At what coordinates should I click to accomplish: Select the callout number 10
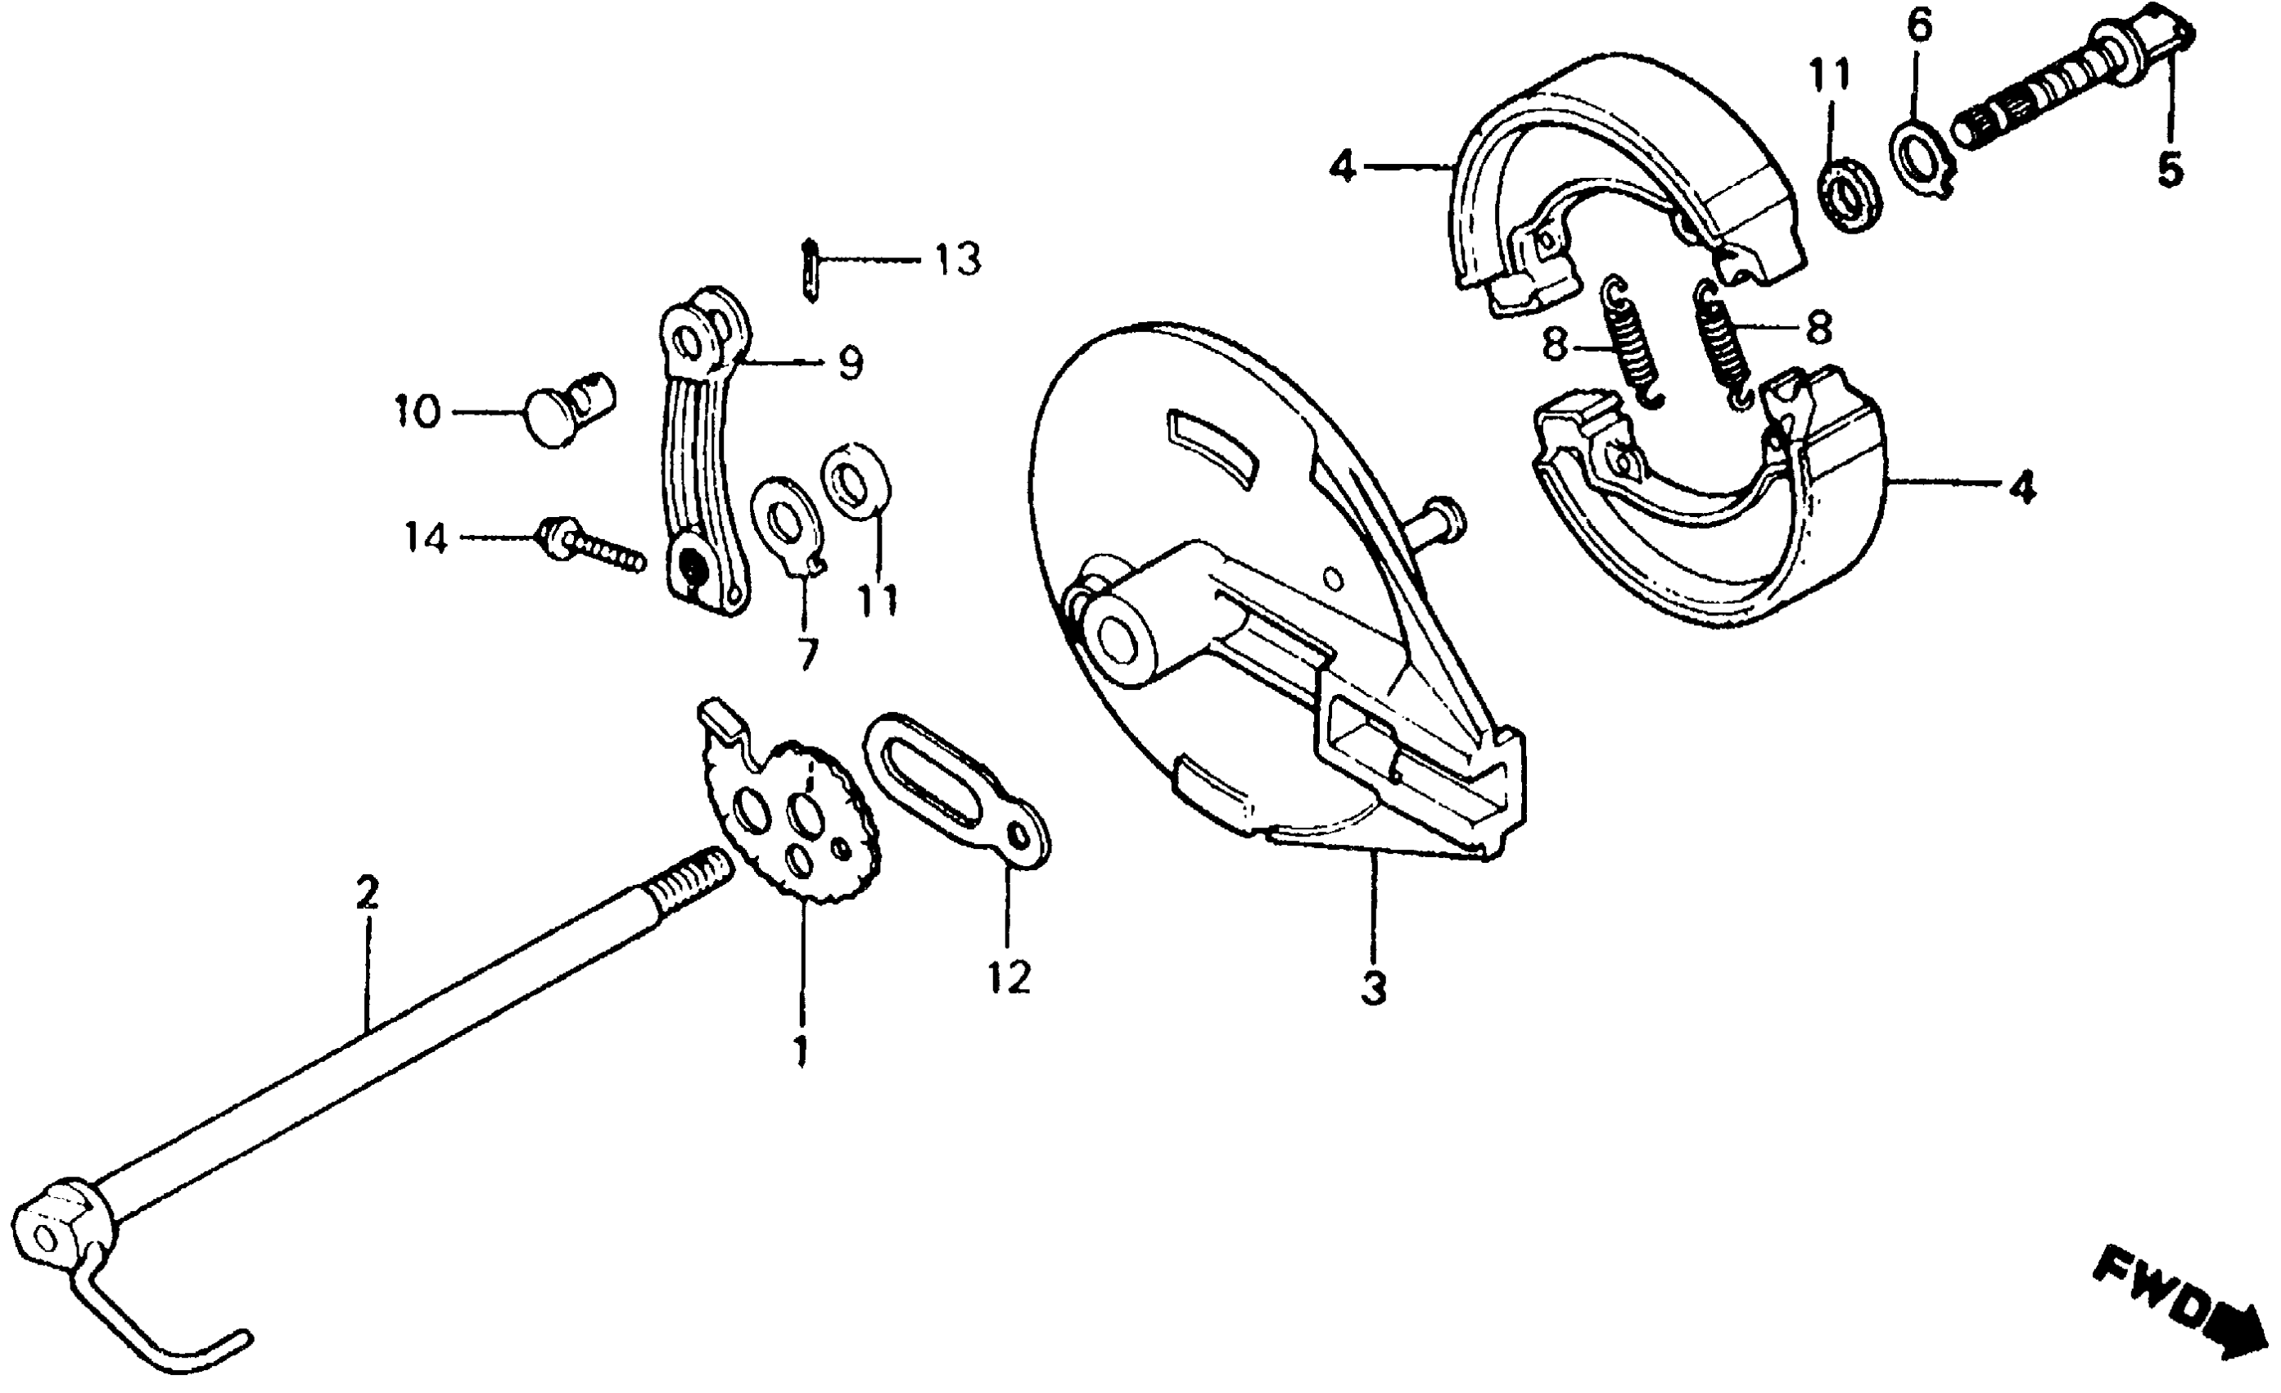[x=417, y=411]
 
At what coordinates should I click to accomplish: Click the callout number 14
[x=425, y=538]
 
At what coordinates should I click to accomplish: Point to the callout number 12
[x=1008, y=976]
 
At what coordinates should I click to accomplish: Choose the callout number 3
[x=1374, y=989]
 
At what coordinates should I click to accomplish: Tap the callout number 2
[x=367, y=894]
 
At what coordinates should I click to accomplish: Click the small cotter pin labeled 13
[x=811, y=270]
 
